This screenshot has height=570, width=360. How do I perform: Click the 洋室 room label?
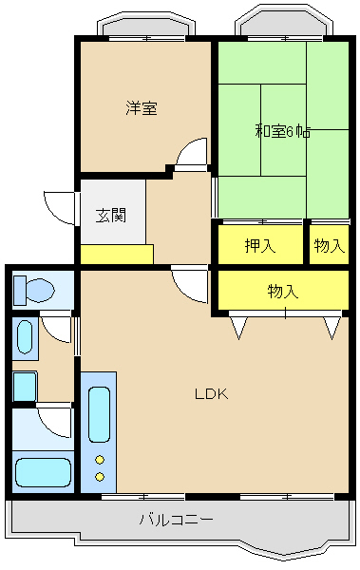point(142,108)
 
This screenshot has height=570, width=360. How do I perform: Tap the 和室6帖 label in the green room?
point(282,131)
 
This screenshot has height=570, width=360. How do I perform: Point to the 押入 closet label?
point(259,246)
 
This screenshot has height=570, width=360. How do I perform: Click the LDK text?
point(211,393)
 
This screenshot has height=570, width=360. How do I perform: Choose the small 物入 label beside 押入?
point(329,246)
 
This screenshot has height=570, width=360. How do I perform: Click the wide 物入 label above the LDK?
point(282,292)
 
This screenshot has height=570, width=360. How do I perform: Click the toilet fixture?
point(31,290)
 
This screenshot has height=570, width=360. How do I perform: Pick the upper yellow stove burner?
point(99,460)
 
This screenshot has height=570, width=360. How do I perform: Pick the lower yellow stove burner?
point(99,477)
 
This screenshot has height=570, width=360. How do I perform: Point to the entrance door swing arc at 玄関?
point(59,207)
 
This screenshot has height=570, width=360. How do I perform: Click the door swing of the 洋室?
point(194,152)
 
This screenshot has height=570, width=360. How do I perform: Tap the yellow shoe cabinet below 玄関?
point(116,255)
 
